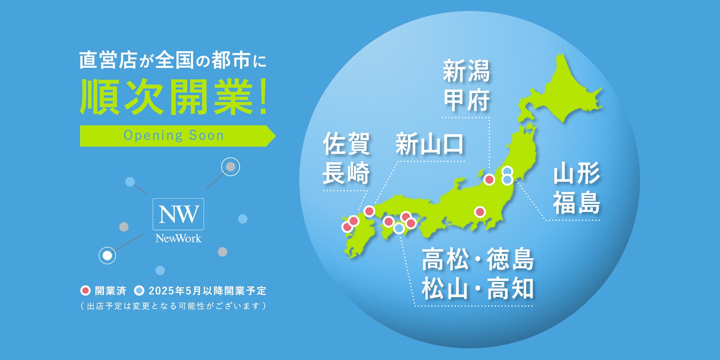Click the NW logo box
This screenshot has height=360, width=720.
point(178,214)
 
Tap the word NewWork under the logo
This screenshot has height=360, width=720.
point(178,238)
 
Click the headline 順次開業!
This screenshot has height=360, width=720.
point(173,97)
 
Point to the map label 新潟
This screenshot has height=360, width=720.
point(466,71)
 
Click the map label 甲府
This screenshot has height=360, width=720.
point(466,100)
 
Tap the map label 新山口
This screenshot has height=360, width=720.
point(430,144)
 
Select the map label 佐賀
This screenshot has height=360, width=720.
point(346,143)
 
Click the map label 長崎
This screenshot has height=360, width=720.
point(346,173)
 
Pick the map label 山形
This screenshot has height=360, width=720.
point(576,173)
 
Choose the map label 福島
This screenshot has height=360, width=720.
point(576,202)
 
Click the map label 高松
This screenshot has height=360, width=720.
point(445,259)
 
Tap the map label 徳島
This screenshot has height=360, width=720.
point(510,259)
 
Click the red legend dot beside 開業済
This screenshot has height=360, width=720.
point(85,291)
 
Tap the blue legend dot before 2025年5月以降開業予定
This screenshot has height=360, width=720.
point(139,291)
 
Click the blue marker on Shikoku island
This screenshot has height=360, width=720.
point(399,228)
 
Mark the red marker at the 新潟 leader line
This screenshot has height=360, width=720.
point(489,180)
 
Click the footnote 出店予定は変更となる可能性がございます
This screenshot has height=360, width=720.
point(173,306)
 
